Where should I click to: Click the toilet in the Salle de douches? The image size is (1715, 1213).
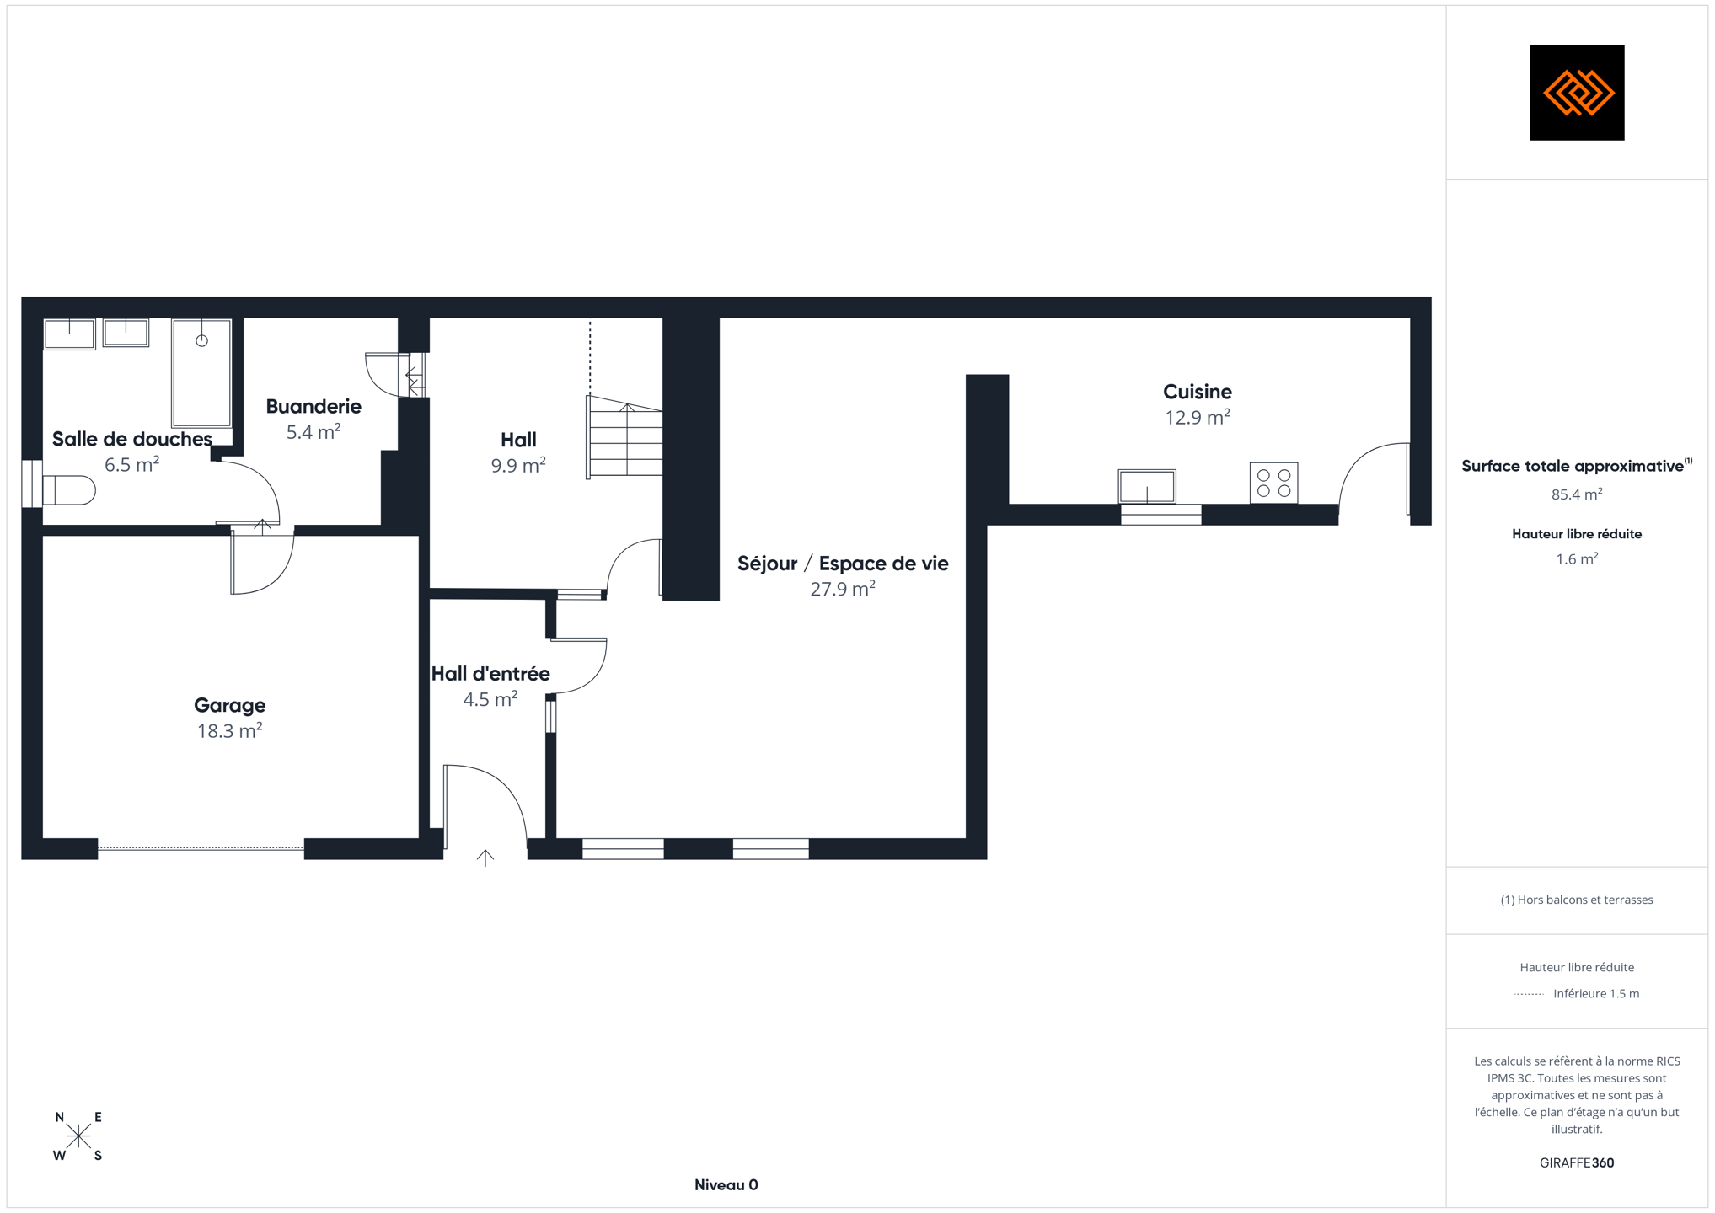click(68, 489)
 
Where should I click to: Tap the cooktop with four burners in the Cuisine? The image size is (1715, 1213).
click(1273, 483)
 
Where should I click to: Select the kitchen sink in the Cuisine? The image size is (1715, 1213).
click(1146, 486)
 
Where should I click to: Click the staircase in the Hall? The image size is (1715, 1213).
click(624, 436)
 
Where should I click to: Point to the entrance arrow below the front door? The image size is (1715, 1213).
click(485, 858)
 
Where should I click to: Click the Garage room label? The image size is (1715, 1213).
click(229, 705)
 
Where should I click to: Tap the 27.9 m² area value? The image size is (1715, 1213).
click(843, 589)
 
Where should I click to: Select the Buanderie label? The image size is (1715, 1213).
click(314, 406)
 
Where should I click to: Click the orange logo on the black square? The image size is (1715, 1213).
click(1577, 93)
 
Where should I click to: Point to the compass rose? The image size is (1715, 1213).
click(78, 1136)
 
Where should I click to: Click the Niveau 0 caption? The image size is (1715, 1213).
click(726, 1185)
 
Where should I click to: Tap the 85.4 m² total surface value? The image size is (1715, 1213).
click(1577, 494)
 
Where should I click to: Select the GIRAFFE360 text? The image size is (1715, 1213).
click(1577, 1162)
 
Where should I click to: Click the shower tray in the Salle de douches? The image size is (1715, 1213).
click(201, 372)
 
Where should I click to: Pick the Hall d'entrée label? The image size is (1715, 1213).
click(490, 673)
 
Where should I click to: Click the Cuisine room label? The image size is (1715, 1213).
click(1197, 391)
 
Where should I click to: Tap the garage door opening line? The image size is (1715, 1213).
click(201, 848)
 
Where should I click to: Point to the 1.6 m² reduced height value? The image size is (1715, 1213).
click(1577, 559)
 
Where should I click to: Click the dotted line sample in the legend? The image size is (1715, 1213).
click(1529, 994)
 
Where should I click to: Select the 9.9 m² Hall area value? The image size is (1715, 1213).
click(518, 465)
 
